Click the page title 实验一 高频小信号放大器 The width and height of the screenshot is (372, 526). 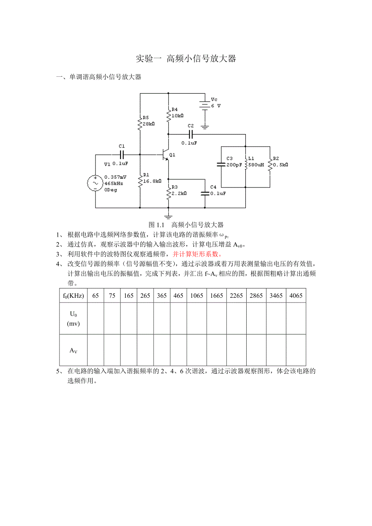pos(186,59)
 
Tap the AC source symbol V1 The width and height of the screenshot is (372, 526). pos(96,183)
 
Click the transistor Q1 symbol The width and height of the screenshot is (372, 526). pos(165,155)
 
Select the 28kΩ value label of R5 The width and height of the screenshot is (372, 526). pos(149,124)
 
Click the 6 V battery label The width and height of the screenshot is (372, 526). pos(216,105)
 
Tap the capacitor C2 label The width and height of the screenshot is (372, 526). pos(191,126)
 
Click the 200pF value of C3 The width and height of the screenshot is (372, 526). pos(234,165)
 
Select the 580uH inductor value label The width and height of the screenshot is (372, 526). pos(256,165)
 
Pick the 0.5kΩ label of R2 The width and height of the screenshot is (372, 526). pos(280,165)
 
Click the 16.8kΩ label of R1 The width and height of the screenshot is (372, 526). pos(152,181)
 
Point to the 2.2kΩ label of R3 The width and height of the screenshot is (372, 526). pos(178,193)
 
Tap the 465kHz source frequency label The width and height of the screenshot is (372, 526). pos(114,183)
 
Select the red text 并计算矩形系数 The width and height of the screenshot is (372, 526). pos(197,254)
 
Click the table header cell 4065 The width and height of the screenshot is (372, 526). pos(296,295)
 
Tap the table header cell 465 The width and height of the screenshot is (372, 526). pos(178,295)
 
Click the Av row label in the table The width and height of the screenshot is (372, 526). pos(73,350)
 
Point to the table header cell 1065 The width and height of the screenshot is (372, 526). pos(197,295)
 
